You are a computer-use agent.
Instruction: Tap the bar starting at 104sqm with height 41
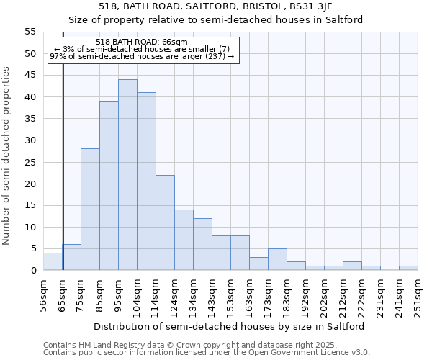[x=146, y=181]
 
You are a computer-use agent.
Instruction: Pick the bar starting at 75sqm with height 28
[x=90, y=210]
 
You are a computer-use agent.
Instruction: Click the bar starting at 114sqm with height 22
[x=165, y=222]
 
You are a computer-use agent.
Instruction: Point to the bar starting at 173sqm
[x=277, y=259]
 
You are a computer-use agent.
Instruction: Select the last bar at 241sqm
[x=408, y=268]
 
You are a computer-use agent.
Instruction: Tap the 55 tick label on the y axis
[x=30, y=32]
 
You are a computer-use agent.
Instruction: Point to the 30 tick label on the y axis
[x=30, y=140]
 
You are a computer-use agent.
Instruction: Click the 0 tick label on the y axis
[x=32, y=271]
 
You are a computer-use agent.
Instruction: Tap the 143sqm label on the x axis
[x=212, y=295]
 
